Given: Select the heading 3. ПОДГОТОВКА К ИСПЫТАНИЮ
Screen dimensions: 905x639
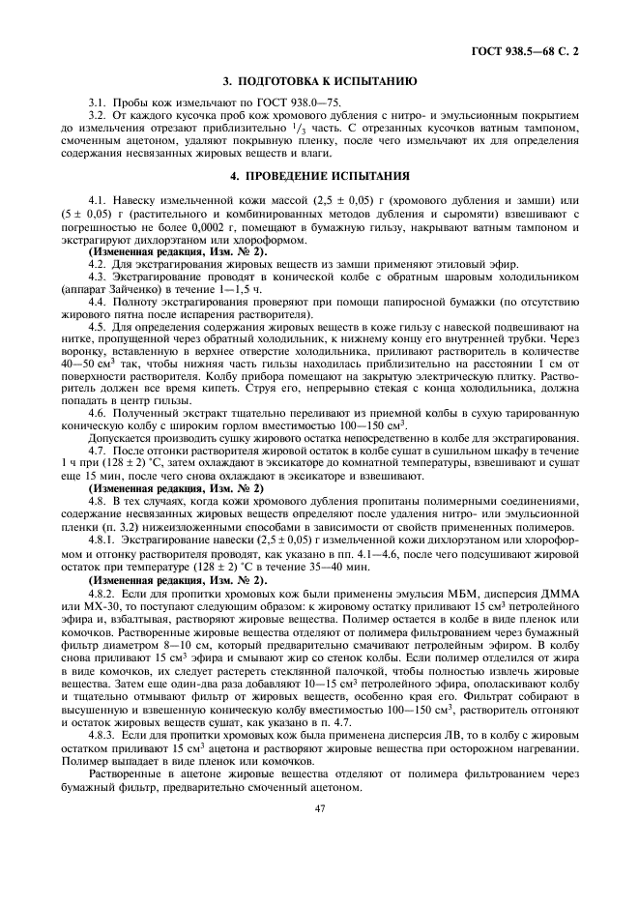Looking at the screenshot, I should [x=319, y=83].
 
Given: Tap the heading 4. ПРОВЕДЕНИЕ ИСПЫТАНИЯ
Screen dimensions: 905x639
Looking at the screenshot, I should [x=319, y=176].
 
